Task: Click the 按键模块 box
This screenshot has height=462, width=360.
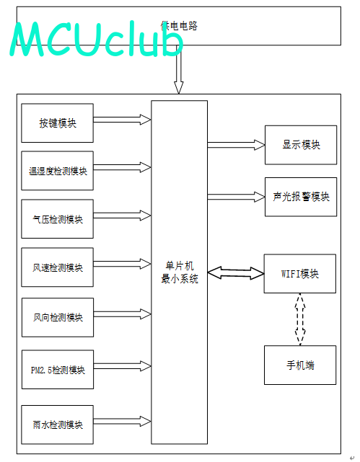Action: coord(58,123)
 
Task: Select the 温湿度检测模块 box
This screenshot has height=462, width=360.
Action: coord(58,171)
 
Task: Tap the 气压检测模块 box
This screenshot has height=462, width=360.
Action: coord(58,219)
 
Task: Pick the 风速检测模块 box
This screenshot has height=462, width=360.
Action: coord(58,267)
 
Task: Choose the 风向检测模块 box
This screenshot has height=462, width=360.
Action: coord(58,317)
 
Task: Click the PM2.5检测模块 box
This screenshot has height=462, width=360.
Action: coord(58,370)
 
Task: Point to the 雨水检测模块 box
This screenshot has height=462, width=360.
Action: coord(58,425)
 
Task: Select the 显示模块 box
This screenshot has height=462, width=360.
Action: coord(301,145)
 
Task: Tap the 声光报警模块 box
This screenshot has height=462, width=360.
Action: coord(301,197)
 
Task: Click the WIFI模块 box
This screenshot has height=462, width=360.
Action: coord(300,273)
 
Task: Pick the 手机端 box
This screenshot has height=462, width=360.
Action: coord(300,365)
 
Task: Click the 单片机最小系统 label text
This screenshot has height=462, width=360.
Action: coord(180,272)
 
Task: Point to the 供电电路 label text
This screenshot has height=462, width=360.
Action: coord(179,26)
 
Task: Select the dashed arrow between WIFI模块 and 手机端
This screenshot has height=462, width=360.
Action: coord(300,319)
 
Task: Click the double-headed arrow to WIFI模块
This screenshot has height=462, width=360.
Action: coord(236,273)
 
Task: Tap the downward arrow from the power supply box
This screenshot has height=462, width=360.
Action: coord(178,69)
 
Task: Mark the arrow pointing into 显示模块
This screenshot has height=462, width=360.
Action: coord(236,145)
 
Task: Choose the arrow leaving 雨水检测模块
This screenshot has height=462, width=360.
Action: coord(123,421)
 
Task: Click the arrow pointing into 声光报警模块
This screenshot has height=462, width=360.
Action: coord(236,197)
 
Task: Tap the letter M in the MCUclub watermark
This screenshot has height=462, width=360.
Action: coord(27,40)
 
